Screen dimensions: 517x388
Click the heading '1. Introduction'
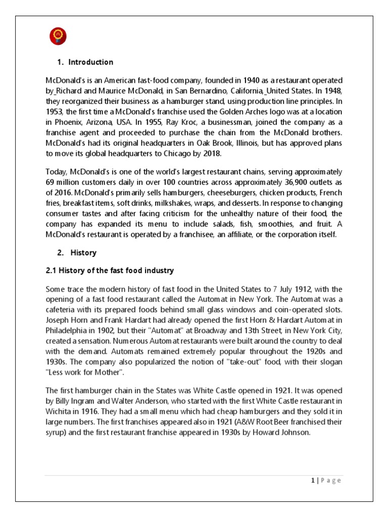point(84,62)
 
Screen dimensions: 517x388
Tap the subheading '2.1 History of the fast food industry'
point(110,271)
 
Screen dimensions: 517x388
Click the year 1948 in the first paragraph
point(332,91)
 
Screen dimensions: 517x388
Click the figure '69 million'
point(63,182)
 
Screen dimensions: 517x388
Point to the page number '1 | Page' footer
point(326,481)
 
